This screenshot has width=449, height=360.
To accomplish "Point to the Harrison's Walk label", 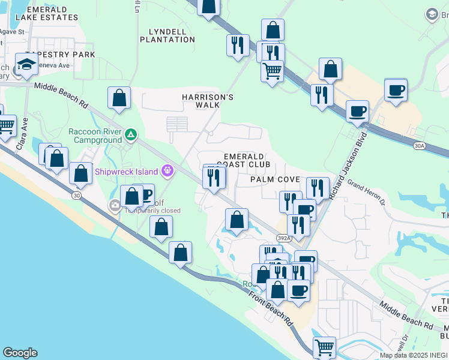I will (208, 101).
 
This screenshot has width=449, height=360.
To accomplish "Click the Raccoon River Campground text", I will (95, 136).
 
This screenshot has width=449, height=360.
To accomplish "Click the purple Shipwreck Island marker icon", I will (167, 171).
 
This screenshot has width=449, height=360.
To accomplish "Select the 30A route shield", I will (419, 145).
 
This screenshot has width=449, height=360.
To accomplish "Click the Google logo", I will (20, 353).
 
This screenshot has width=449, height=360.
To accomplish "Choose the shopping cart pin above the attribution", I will (324, 346).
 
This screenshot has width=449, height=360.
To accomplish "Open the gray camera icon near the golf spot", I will (115, 206).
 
